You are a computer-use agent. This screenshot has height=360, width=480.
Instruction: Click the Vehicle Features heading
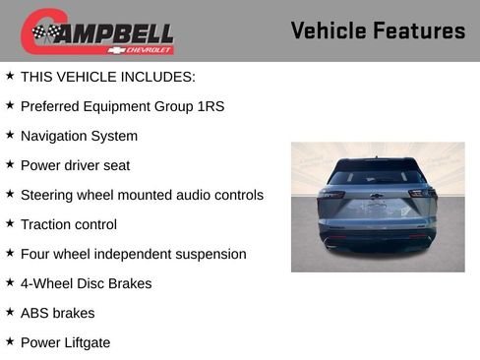click(378, 31)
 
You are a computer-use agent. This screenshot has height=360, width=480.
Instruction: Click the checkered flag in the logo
click(44, 33)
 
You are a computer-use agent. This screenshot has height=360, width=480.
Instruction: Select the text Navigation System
click(79, 136)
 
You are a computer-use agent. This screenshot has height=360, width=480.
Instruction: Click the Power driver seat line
click(75, 165)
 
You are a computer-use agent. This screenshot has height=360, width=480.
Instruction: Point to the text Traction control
click(68, 224)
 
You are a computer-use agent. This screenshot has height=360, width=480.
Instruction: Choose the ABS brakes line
click(57, 313)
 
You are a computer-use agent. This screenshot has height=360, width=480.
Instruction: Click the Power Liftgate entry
click(65, 342)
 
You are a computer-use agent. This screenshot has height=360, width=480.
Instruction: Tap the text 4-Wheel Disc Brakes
click(86, 283)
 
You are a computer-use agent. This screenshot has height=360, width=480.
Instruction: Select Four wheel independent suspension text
click(133, 254)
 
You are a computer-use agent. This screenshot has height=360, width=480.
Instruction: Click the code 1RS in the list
click(210, 106)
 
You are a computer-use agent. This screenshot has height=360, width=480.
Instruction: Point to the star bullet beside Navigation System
click(10, 135)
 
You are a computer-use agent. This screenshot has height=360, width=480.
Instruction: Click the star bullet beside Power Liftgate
click(10, 341)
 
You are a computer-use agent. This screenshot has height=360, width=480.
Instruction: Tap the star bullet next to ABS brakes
click(10, 312)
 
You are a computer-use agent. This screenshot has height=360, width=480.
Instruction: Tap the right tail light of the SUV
click(422, 194)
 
